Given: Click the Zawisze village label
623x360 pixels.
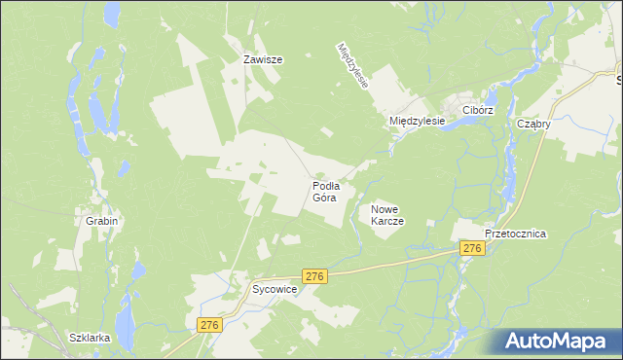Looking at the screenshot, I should tap(263, 59).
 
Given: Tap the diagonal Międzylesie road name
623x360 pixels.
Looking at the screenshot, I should tap(352, 65).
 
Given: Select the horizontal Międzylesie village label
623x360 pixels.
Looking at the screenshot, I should tap(417, 121).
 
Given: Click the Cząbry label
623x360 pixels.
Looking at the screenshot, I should tap(534, 125).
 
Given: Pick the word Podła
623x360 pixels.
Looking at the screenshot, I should tap(325, 185).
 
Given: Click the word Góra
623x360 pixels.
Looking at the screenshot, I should tap(324, 198).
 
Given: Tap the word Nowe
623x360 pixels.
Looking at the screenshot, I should tap(385, 209).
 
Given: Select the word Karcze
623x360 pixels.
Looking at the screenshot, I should tap(386, 221).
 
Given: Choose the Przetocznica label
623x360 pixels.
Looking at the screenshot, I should tap(516, 234).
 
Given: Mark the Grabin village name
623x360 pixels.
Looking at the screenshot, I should tap(101, 221).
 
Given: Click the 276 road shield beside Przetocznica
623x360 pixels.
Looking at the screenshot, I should tap(472, 250).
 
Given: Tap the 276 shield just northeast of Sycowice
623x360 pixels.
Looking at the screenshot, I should tap(313, 277).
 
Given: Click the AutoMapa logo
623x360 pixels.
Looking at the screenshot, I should tap(556, 342).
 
